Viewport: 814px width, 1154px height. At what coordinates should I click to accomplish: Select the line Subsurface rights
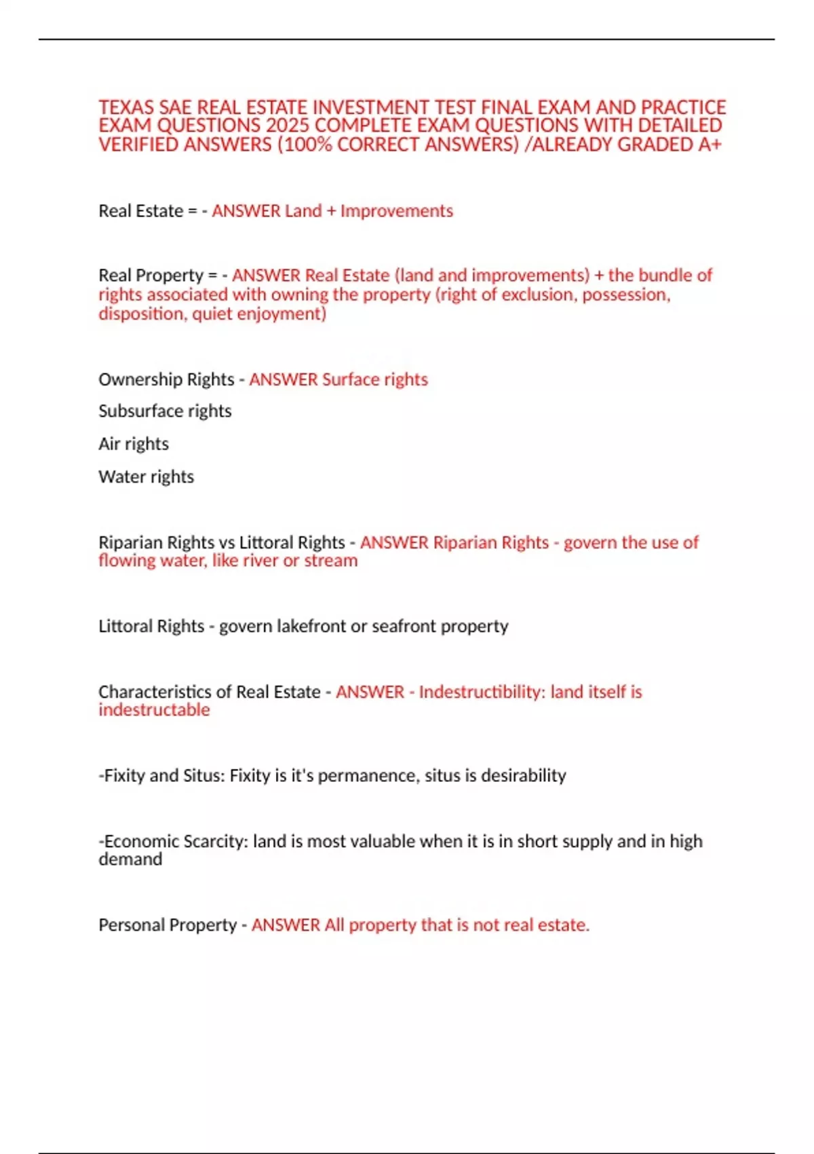[x=165, y=411]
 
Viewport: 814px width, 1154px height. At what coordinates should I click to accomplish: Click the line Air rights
[x=134, y=443]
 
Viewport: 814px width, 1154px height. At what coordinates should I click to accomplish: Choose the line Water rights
[x=146, y=477]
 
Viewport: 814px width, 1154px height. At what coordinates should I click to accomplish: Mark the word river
[x=260, y=560]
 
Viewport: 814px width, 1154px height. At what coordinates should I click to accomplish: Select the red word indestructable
[x=154, y=709]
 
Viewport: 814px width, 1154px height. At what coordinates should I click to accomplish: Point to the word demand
[x=130, y=859]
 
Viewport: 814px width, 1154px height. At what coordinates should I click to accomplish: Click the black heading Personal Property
[x=168, y=925]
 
